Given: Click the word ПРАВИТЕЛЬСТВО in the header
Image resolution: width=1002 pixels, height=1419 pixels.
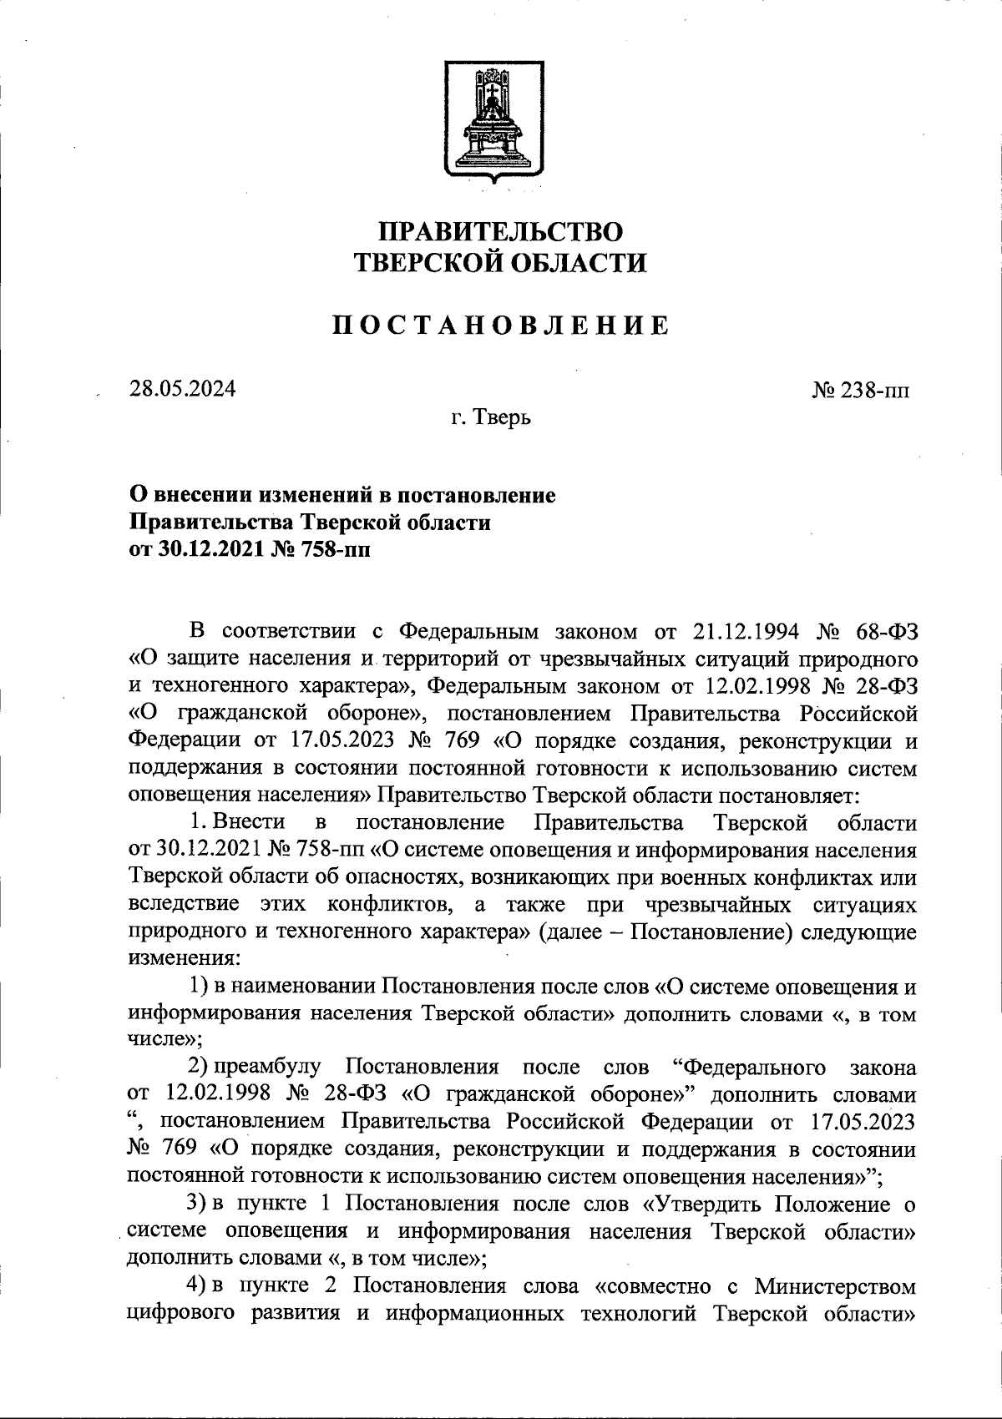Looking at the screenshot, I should click(501, 231).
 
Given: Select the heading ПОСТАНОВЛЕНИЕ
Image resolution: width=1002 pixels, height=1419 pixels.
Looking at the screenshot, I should click(501, 326).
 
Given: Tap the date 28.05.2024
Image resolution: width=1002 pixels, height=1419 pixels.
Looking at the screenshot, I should click(182, 389).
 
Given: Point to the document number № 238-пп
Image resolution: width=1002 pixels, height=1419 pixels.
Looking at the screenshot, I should click(861, 391).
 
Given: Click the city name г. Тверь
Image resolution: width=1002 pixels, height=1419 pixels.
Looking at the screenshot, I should click(492, 417).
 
